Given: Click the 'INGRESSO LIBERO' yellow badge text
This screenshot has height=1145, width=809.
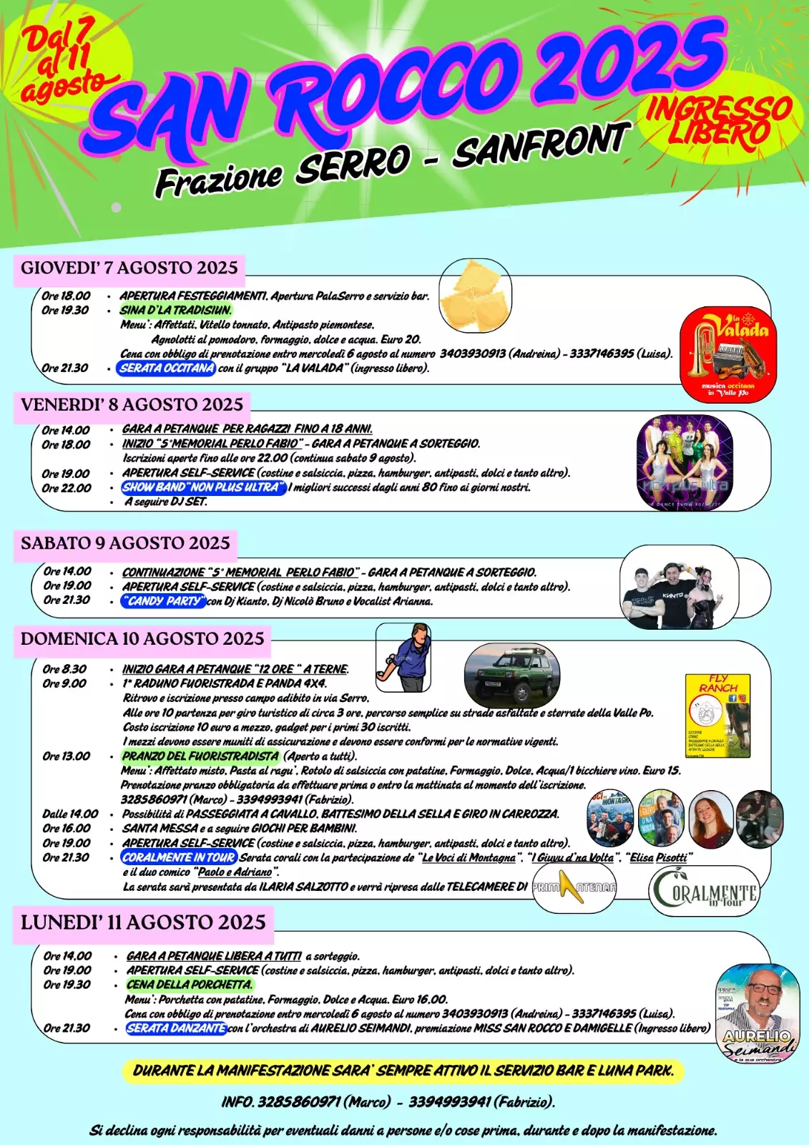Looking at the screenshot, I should click(718, 122).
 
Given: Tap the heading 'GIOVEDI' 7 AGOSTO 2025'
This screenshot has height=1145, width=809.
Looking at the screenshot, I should click(129, 268).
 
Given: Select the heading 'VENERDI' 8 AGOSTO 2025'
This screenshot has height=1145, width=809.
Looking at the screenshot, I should click(132, 405).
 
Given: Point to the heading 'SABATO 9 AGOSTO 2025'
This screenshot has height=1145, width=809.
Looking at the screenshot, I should click(126, 543).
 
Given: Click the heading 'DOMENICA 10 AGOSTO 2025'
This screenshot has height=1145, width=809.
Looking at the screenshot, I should click(142, 639).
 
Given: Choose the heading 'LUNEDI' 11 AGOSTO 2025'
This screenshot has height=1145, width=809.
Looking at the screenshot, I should click(143, 922).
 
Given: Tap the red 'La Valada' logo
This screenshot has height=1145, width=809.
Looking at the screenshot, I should click(727, 354).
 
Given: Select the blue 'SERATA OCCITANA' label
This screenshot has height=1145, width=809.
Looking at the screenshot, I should click(167, 369).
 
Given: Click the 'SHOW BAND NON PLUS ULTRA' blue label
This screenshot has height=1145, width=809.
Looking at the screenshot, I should click(204, 488).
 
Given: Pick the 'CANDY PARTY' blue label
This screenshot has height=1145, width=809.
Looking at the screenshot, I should click(164, 602).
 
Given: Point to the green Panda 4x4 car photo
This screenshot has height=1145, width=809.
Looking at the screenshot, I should click(511, 675).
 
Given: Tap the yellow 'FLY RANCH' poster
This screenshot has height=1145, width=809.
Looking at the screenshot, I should click(717, 715).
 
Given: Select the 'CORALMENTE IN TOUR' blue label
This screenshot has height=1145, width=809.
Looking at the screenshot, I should click(179, 858).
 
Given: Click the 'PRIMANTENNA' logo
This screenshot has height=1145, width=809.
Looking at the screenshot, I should click(574, 888).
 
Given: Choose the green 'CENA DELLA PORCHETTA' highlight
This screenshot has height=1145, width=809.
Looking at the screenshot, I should click(189, 985).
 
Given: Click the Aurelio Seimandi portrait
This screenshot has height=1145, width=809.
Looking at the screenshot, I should click(757, 1012).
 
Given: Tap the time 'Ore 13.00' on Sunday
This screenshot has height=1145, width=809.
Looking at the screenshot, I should click(67, 756).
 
